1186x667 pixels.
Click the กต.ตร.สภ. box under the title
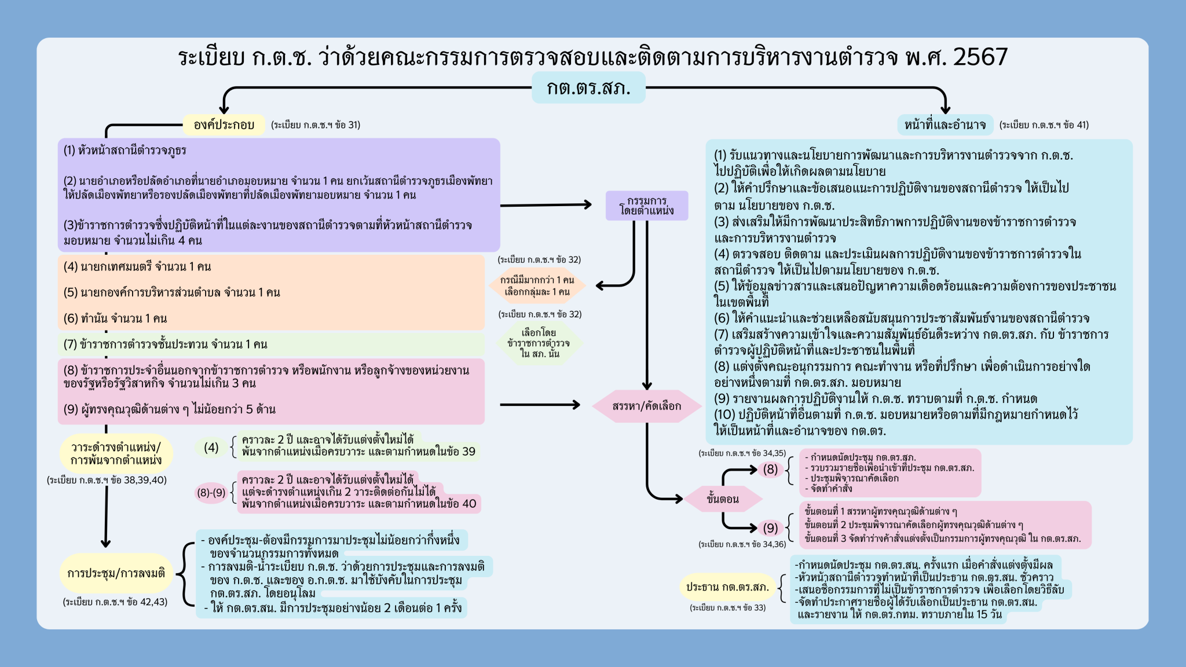coord(588,88)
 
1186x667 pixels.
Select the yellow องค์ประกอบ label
coord(224,124)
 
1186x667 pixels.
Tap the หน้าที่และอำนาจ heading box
coord(945,124)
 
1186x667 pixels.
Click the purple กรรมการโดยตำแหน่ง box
coord(647,206)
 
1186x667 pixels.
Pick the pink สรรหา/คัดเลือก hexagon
coord(647,406)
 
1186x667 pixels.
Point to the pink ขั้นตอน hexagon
coord(723,499)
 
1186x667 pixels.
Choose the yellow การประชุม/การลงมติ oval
coord(116,573)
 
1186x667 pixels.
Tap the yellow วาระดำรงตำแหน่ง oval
coord(116,454)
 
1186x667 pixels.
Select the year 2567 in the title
coord(980,57)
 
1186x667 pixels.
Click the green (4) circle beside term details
coord(211,448)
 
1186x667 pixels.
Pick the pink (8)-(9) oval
coord(211,493)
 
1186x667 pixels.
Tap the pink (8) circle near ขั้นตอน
coord(770,469)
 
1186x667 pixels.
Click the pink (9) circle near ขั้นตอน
coord(770,528)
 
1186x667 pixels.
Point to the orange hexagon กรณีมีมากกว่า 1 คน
coord(537,285)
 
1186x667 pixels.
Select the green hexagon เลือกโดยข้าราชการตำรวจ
coord(539,343)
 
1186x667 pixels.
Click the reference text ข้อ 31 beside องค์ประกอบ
coord(316,124)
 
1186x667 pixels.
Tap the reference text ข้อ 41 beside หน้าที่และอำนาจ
coord(1044,124)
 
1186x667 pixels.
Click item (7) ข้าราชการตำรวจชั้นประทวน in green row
coord(166,345)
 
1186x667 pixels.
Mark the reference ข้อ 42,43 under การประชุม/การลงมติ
coord(115,602)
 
